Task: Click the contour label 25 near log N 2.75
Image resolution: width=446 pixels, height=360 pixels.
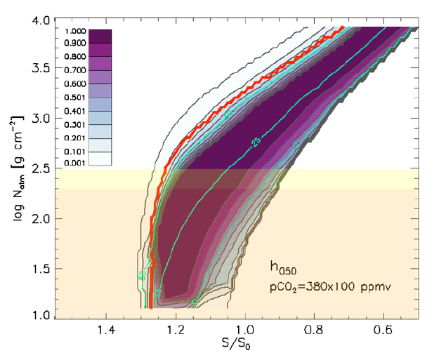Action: click(255, 143)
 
